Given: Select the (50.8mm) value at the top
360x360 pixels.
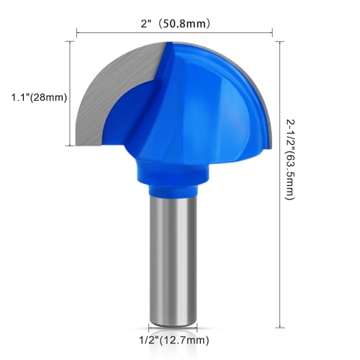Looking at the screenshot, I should [185, 23].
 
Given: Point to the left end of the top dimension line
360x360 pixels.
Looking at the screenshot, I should [76, 32].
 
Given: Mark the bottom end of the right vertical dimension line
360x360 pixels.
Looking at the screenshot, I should [279, 325].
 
